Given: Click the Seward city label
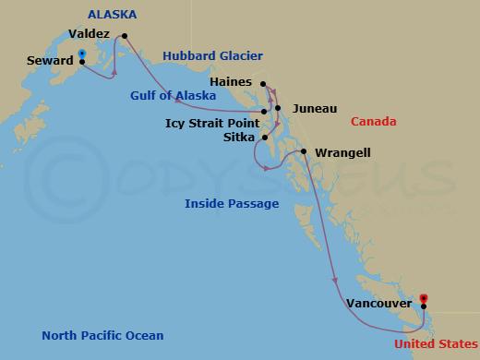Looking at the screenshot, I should pyautogui.click(x=50, y=62).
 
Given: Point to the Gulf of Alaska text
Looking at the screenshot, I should pyautogui.click(x=174, y=94).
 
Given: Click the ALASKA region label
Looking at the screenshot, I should pyautogui.click(x=113, y=15).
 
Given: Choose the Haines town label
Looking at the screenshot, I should pyautogui.click(x=232, y=81).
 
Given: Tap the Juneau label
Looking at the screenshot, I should pyautogui.click(x=314, y=108).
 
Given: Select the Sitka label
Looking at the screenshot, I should pyautogui.click(x=240, y=137).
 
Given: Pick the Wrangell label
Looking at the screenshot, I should pyautogui.click(x=342, y=152).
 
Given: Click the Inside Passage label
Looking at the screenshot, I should pyautogui.click(x=232, y=203).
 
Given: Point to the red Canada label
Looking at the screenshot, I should pyautogui.click(x=373, y=121).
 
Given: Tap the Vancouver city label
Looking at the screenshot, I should pyautogui.click(x=379, y=302).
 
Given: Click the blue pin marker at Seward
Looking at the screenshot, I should pyautogui.click(x=82, y=55).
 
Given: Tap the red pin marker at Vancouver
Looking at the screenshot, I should pyautogui.click(x=424, y=299).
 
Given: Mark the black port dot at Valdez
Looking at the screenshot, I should pyautogui.click(x=125, y=37).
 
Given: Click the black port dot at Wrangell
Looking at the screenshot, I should pyautogui.click(x=303, y=151).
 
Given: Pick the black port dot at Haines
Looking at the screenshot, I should pyautogui.click(x=263, y=84).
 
